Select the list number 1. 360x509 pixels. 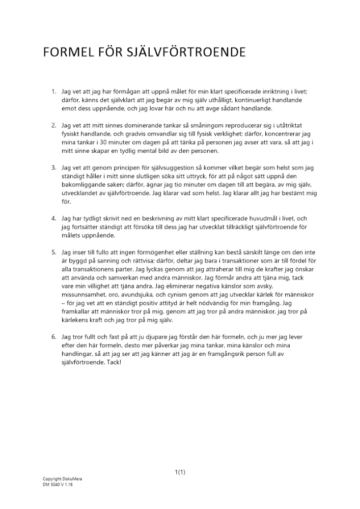53,92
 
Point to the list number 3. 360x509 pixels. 53,167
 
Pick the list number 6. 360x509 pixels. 53,337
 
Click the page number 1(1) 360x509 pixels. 180,472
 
